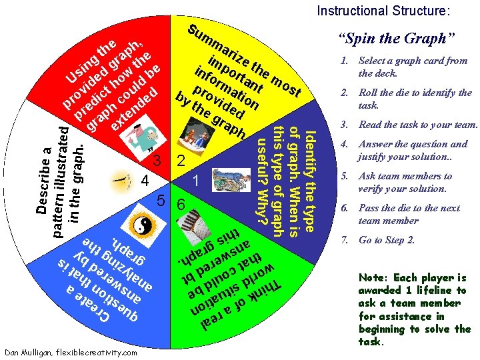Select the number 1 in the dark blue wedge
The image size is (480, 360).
(x=196, y=181)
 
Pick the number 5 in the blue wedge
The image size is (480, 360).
(x=161, y=201)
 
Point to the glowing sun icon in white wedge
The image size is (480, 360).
(x=121, y=181)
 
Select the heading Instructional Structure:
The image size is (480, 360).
(x=383, y=11)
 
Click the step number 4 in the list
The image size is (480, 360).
(x=345, y=144)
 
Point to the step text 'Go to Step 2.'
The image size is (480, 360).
(x=387, y=240)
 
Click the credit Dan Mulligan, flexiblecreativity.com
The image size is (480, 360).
(x=71, y=352)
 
